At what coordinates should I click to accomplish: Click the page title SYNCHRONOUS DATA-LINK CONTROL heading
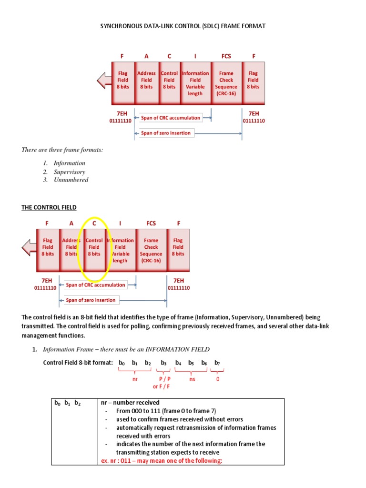pyautogui.click(x=183, y=26)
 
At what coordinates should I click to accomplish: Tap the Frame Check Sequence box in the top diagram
pyautogui.click(x=226, y=83)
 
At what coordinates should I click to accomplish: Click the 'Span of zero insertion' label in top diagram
pyautogui.click(x=165, y=133)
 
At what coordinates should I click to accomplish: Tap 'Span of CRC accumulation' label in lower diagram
pyautogui.click(x=95, y=285)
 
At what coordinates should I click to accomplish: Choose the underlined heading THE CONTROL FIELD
pyautogui.click(x=49, y=207)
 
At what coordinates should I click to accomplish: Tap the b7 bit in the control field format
pyautogui.click(x=217, y=363)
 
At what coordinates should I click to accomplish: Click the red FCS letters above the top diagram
pyautogui.click(x=226, y=56)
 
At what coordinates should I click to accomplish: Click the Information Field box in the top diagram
pyautogui.click(x=195, y=83)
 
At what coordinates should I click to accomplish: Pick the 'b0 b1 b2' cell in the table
pyautogui.click(x=67, y=404)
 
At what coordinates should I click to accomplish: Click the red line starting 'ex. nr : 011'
pyautogui.click(x=162, y=460)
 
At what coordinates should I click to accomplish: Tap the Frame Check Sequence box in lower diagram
pyautogui.click(x=151, y=250)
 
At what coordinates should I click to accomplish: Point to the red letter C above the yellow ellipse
pyautogui.click(x=94, y=223)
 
